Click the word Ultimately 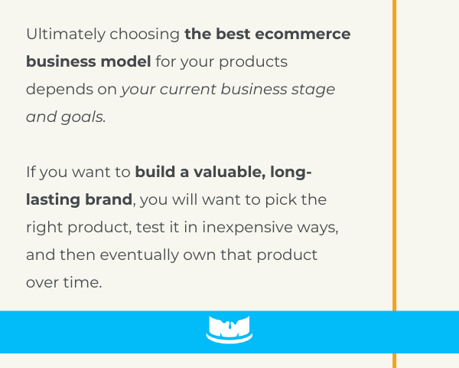coord(66,34)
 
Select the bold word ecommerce coord(303,34)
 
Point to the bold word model coord(125,61)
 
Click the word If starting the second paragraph coord(31,172)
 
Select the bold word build coord(155,172)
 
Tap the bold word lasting coord(53,200)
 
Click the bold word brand coord(109,199)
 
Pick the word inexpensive coord(247,228)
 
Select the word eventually coord(139,255)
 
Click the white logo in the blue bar coord(229,329)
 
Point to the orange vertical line coord(394,184)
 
